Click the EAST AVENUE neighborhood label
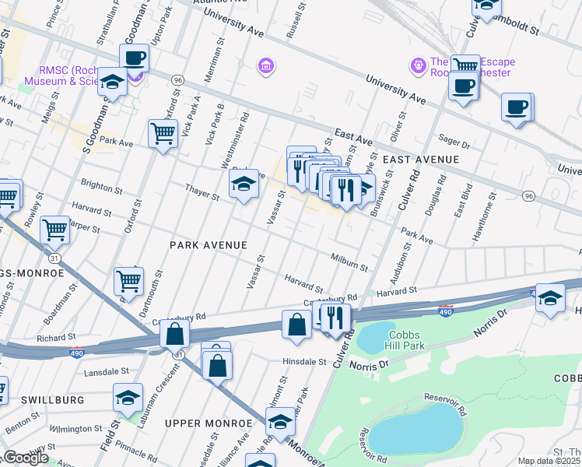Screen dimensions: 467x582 420,159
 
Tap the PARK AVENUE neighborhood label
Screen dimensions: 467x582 209,245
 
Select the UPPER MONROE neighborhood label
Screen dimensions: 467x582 209,423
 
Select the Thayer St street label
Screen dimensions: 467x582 202,191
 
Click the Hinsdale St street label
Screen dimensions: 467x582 303,362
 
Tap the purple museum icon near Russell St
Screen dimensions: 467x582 267,65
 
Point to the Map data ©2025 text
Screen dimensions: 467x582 549,461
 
